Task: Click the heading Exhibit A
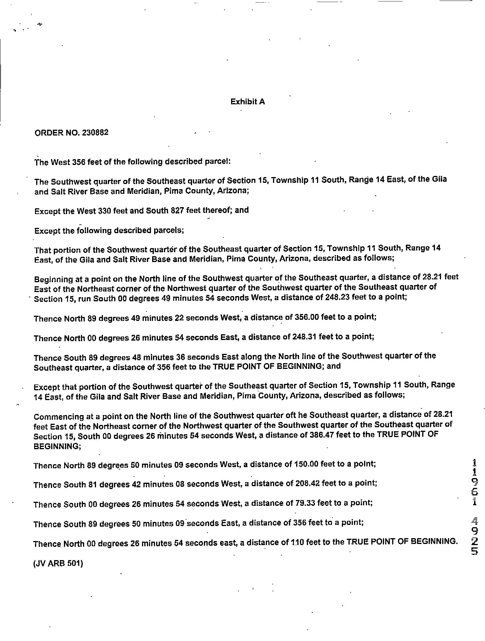(248, 101)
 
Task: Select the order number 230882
(95, 132)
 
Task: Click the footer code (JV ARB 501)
(58, 564)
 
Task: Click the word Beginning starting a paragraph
(54, 279)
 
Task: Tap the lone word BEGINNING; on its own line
(57, 446)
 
